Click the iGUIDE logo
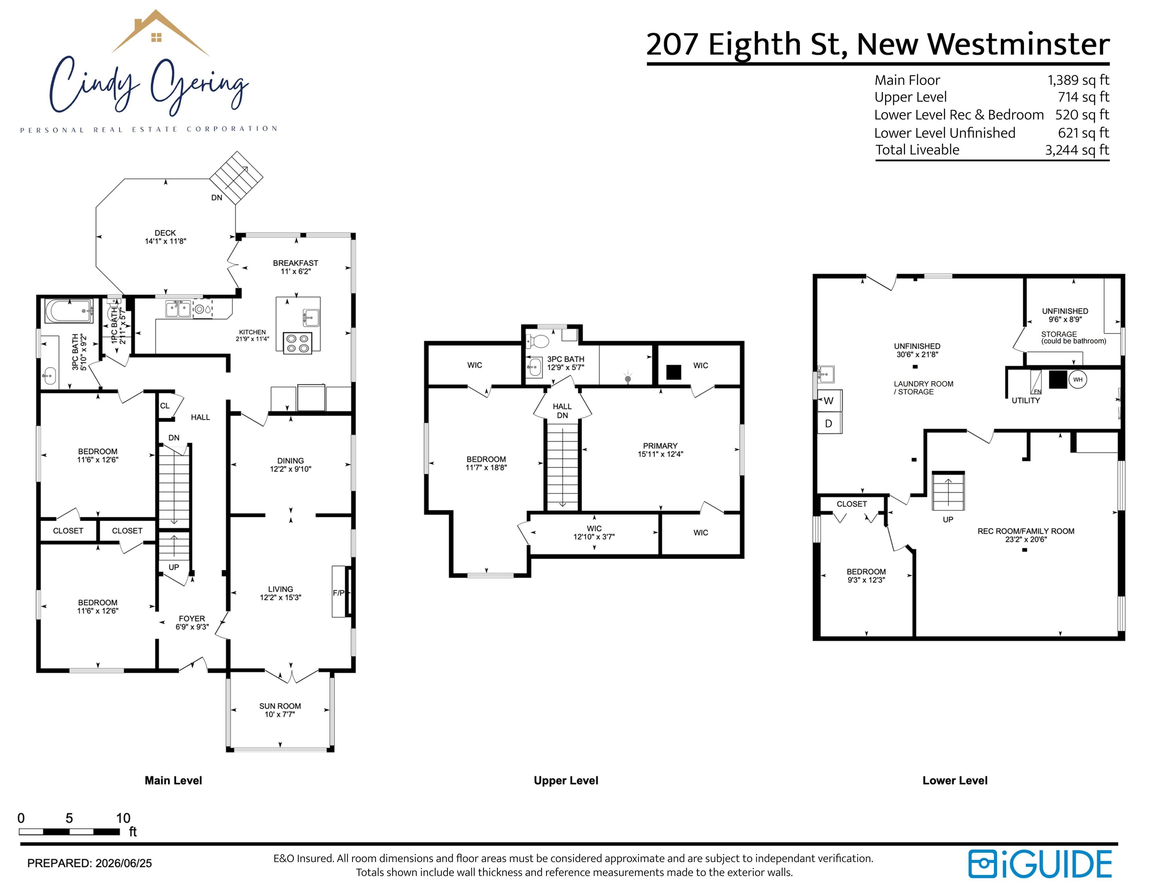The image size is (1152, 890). point(1040,864)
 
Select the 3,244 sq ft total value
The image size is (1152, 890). point(1077,150)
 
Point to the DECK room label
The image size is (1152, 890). point(165,233)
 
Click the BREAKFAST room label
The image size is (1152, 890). point(295,263)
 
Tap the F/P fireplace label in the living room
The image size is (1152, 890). point(339,593)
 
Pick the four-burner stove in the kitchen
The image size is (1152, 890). point(298,343)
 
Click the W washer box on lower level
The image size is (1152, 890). point(829,401)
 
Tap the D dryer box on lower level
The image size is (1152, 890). point(829,423)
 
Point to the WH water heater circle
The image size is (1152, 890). point(1078,380)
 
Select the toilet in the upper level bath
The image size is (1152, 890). point(538,341)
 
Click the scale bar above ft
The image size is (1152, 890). point(69,831)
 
